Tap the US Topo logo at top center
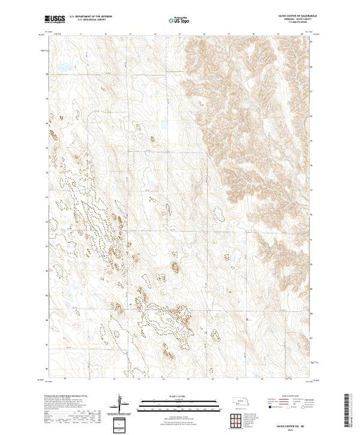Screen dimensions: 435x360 click(180, 19)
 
